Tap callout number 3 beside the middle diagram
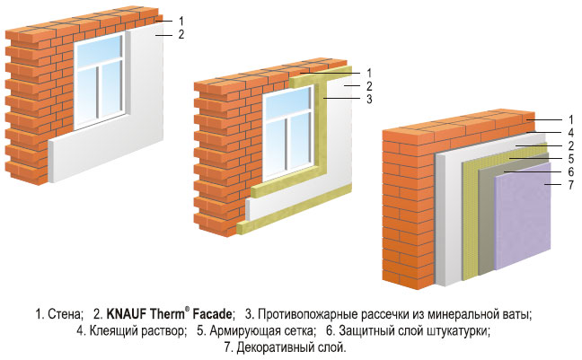pyautogui.click(x=369, y=99)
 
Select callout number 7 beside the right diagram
pyautogui.click(x=571, y=184)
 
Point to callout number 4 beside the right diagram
pyautogui.click(x=571, y=133)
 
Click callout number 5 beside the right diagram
pyautogui.click(x=571, y=159)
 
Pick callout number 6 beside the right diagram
pyautogui.click(x=571, y=171)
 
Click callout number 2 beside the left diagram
pyautogui.click(x=181, y=34)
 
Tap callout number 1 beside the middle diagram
pyautogui.click(x=369, y=73)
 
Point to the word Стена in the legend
pyautogui.click(x=64, y=314)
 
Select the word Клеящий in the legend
pyautogui.click(x=111, y=331)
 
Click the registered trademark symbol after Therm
pyautogui.click(x=187, y=311)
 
